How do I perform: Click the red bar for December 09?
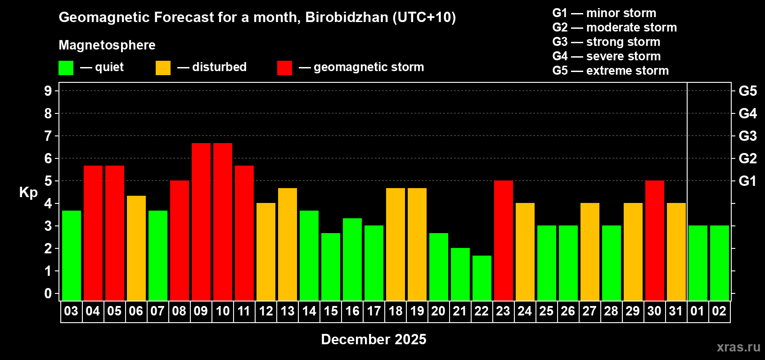click(201, 221)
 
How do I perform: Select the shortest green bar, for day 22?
click(481, 278)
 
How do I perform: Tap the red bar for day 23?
click(503, 240)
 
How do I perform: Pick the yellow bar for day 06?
click(136, 248)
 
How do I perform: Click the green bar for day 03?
click(71, 255)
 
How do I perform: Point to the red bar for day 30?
click(654, 240)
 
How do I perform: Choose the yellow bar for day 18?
click(395, 244)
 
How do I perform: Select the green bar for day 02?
click(719, 263)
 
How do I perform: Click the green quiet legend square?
click(66, 68)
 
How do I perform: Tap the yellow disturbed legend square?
click(163, 68)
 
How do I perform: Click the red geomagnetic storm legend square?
click(284, 68)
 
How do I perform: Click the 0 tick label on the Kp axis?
click(48, 293)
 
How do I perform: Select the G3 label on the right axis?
click(747, 136)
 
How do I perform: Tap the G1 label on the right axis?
click(747, 181)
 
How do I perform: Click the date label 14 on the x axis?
click(309, 311)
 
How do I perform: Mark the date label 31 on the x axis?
click(676, 311)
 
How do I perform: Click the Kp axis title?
click(28, 193)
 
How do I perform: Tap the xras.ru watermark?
click(738, 347)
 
